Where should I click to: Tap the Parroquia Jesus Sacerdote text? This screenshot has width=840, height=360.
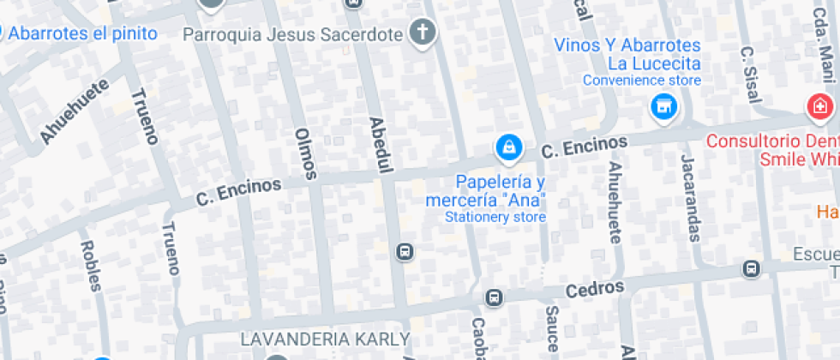click(293, 34)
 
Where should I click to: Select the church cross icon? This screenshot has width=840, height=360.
click(423, 33)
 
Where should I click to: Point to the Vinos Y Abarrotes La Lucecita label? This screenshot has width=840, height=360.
click(627, 55)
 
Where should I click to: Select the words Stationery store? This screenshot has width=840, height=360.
click(495, 217)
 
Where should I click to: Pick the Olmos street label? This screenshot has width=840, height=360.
click(305, 153)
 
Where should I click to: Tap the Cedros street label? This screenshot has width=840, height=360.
click(595, 289)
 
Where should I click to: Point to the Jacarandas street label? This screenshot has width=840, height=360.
click(691, 198)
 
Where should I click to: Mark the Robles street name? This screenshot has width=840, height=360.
click(89, 266)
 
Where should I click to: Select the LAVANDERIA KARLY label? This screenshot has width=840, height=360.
click(325, 339)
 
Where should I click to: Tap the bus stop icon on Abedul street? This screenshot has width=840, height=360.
click(405, 252)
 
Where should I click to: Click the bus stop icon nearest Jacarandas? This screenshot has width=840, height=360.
click(752, 269)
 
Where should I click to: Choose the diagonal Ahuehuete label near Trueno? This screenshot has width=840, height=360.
click(75, 112)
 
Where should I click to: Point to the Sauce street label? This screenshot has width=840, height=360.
click(552, 328)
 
